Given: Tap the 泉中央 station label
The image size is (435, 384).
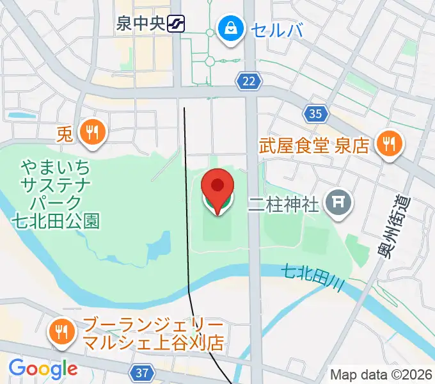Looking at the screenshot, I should tap(140, 25).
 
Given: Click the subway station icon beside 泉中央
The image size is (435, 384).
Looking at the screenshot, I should tap(175, 25).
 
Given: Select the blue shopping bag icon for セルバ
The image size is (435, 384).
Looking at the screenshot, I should tap(228, 28).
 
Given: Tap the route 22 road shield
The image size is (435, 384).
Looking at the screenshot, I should tap(249, 81).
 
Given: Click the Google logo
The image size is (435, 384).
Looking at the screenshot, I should tap(42, 369).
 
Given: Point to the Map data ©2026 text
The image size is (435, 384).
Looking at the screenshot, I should tap(380, 374).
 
